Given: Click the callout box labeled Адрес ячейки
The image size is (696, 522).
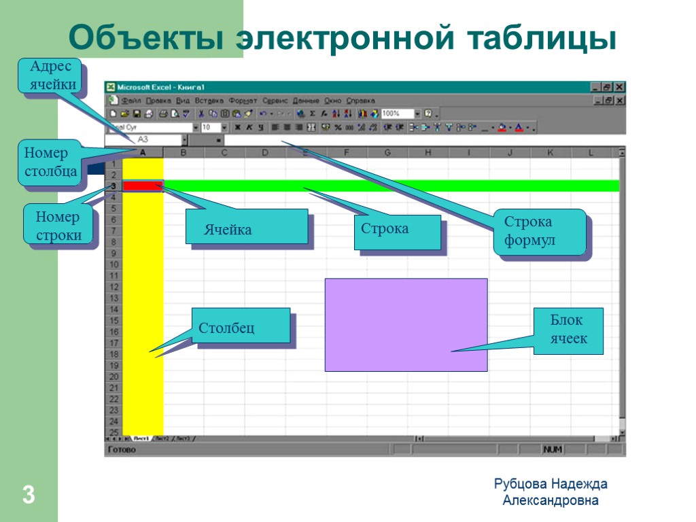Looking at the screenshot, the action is [x=54, y=77].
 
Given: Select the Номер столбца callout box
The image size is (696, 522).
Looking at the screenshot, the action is [x=50, y=163].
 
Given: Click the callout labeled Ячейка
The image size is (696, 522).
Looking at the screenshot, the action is [x=246, y=226].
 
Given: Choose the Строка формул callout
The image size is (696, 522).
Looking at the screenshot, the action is [x=540, y=232].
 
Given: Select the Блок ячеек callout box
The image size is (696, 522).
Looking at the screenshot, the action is [x=568, y=331].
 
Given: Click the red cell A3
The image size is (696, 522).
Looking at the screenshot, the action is [x=142, y=186].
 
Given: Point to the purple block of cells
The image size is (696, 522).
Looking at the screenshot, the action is [x=406, y=324].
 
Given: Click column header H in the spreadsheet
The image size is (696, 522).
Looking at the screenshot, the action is [x=428, y=153].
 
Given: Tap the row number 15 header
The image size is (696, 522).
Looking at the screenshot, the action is [x=114, y=320].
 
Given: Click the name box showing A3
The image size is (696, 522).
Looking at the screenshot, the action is [x=143, y=139].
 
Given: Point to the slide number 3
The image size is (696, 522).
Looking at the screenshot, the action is [x=29, y=495].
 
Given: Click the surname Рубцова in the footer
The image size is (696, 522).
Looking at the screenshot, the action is [x=520, y=484].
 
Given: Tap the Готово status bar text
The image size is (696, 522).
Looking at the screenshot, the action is [x=123, y=450].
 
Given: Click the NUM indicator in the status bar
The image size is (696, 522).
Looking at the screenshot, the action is [x=551, y=450].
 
